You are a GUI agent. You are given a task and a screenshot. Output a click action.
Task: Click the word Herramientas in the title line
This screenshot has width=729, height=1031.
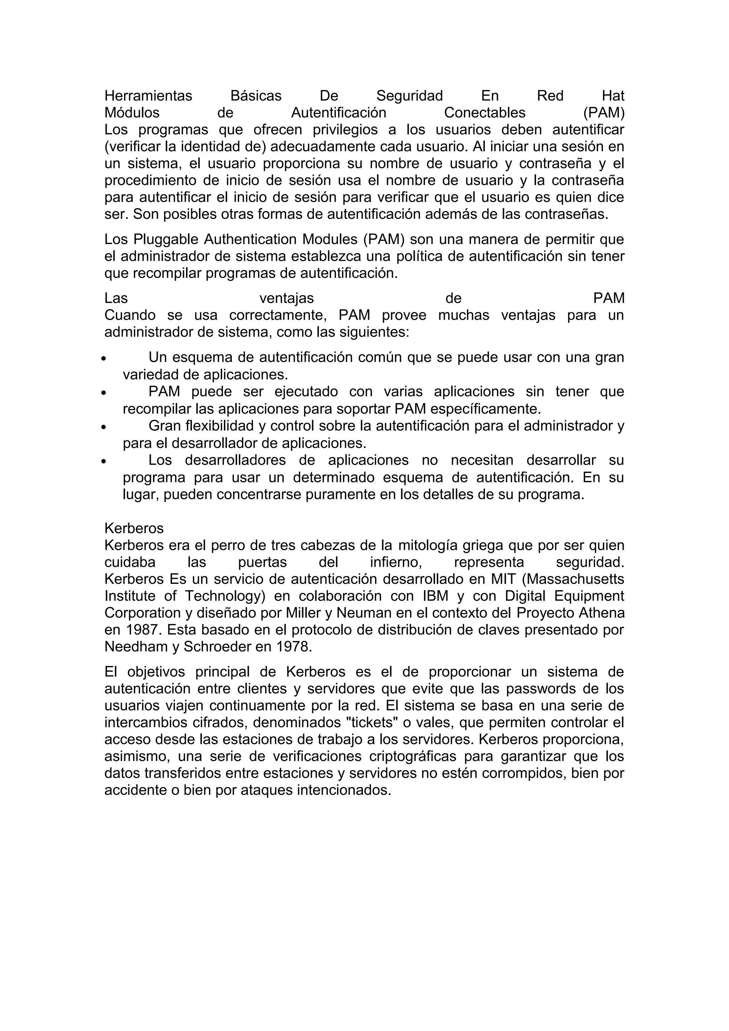[x=148, y=96]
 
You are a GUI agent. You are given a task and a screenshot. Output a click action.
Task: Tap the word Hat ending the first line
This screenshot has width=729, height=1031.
[x=613, y=96]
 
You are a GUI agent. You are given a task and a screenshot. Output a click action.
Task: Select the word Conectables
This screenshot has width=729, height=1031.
[x=485, y=113]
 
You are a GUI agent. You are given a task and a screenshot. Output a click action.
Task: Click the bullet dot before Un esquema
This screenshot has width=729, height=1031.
[x=104, y=359]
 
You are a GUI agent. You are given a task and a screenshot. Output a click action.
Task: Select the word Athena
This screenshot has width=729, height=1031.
[x=601, y=613]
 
